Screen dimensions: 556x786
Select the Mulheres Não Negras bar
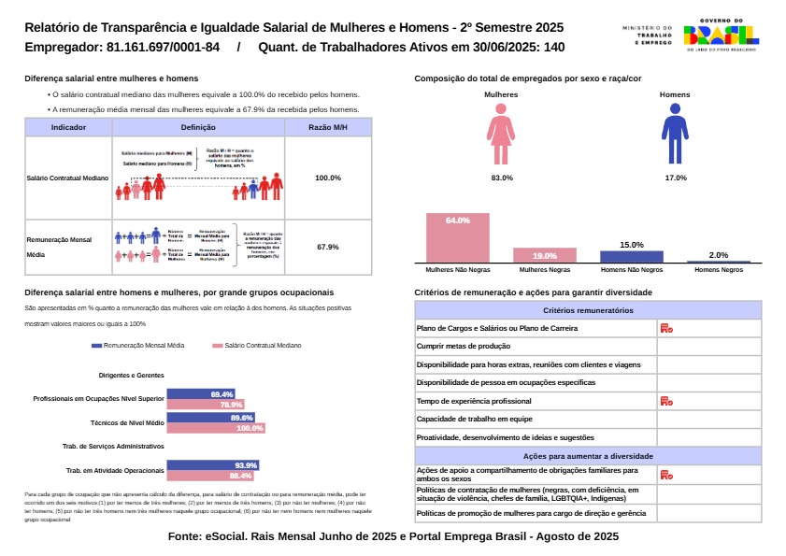(457, 238)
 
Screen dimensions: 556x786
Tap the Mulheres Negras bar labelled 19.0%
(545, 255)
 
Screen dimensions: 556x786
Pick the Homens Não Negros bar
(631, 256)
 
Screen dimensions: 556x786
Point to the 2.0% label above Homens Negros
(718, 255)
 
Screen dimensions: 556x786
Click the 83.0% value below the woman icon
(502, 178)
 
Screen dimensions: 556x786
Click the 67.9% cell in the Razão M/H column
(327, 247)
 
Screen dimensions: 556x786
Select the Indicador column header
(68, 127)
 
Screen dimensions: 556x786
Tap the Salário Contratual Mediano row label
(68, 178)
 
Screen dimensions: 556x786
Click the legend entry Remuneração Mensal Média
(138, 346)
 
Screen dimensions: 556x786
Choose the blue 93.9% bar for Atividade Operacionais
(211, 464)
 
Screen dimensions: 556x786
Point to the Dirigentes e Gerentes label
(130, 375)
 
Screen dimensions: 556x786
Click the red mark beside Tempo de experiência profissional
(666, 400)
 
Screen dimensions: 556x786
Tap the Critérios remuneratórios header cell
(588, 309)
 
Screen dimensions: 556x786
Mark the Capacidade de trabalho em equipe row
(536, 419)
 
